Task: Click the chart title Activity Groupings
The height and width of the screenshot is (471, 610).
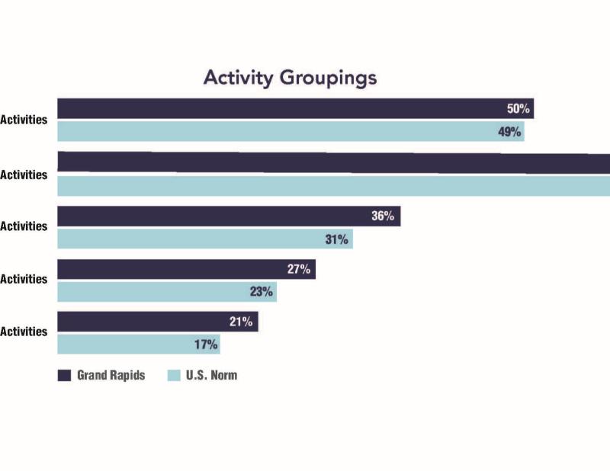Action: [290, 78]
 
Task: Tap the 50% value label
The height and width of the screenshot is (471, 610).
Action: [519, 108]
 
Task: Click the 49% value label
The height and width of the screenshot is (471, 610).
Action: [510, 132]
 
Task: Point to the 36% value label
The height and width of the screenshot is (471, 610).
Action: [383, 216]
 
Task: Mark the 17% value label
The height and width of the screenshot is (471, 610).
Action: [206, 344]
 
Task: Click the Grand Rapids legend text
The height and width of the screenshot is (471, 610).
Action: [111, 375]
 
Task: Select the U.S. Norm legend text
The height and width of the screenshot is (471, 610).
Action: [212, 375]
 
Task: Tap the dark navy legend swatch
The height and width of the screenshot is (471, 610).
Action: [64, 375]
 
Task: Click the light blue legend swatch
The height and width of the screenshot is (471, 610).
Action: [173, 375]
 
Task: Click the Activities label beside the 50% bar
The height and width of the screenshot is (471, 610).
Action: [24, 120]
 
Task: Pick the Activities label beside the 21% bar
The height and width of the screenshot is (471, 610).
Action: [24, 332]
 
